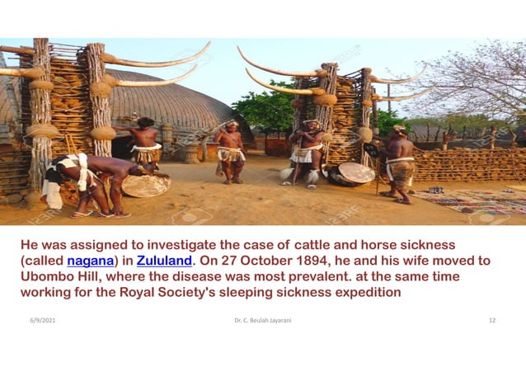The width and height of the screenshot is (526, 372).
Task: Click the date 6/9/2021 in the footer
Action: [x=42, y=319]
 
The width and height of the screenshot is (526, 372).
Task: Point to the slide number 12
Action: [x=492, y=319]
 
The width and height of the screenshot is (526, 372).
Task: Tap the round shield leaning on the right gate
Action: [x=357, y=172]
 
